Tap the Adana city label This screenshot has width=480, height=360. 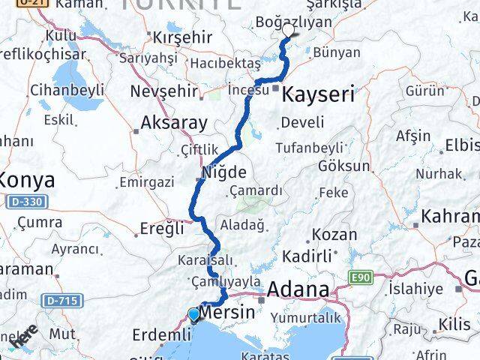pyautogui.click(x=298, y=289)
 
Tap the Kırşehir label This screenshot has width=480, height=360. pyautogui.click(x=184, y=37)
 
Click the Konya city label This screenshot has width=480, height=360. pyautogui.click(x=27, y=180)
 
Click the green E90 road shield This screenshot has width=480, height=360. pyautogui.click(x=361, y=277)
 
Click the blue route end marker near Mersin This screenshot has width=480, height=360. pyautogui.click(x=194, y=314)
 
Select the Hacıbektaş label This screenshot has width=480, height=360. pyautogui.click(x=225, y=64)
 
